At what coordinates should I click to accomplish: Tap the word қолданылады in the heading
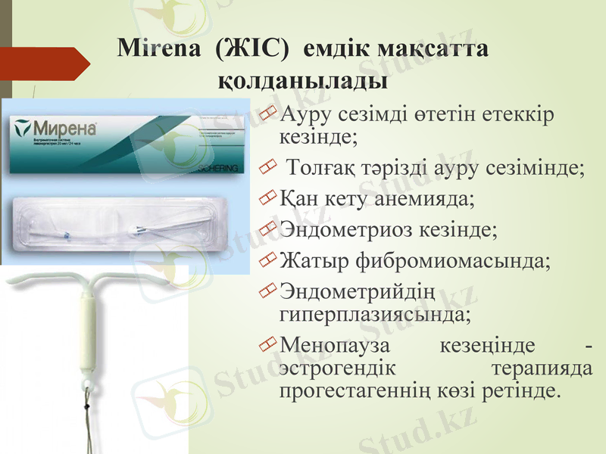point(303,78)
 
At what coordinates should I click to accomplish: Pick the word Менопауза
point(333,346)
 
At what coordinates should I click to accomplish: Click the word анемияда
point(424,200)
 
